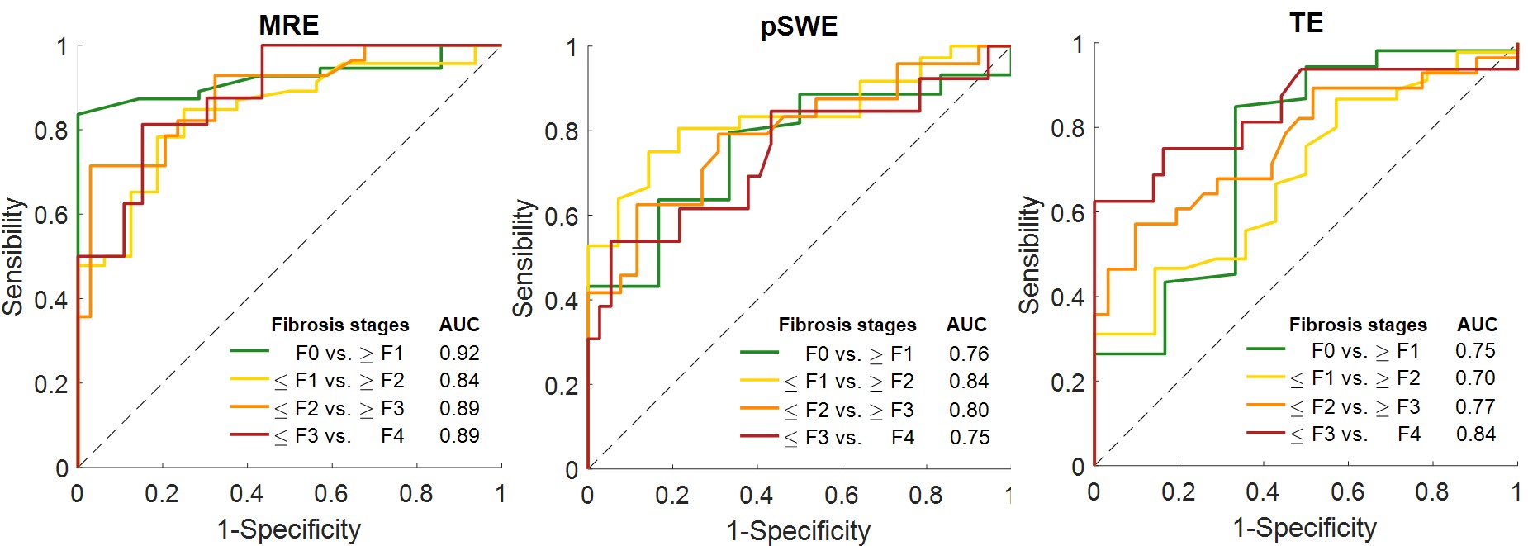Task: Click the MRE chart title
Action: point(288,26)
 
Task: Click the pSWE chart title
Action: point(798,27)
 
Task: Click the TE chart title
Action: point(1306,23)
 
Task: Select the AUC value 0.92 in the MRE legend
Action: point(459,354)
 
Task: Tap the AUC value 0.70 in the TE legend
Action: point(1475,378)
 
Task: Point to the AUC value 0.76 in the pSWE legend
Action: point(969,354)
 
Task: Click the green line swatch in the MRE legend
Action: point(249,352)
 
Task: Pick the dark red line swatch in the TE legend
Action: point(1265,432)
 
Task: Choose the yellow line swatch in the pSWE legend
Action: point(759,381)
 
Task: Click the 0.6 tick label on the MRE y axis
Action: point(51,215)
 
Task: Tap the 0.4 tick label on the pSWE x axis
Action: point(756,496)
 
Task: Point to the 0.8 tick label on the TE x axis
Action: point(1431,492)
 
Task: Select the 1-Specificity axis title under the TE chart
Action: point(1305,528)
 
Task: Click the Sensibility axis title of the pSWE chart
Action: point(524,258)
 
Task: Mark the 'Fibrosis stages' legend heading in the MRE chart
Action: point(339,325)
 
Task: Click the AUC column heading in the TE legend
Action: point(1477,325)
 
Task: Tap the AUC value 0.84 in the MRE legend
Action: point(459,381)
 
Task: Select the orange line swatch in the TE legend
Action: point(1265,405)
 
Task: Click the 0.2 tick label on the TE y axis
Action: point(1067,382)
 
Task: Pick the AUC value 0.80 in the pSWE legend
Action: point(969,410)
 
